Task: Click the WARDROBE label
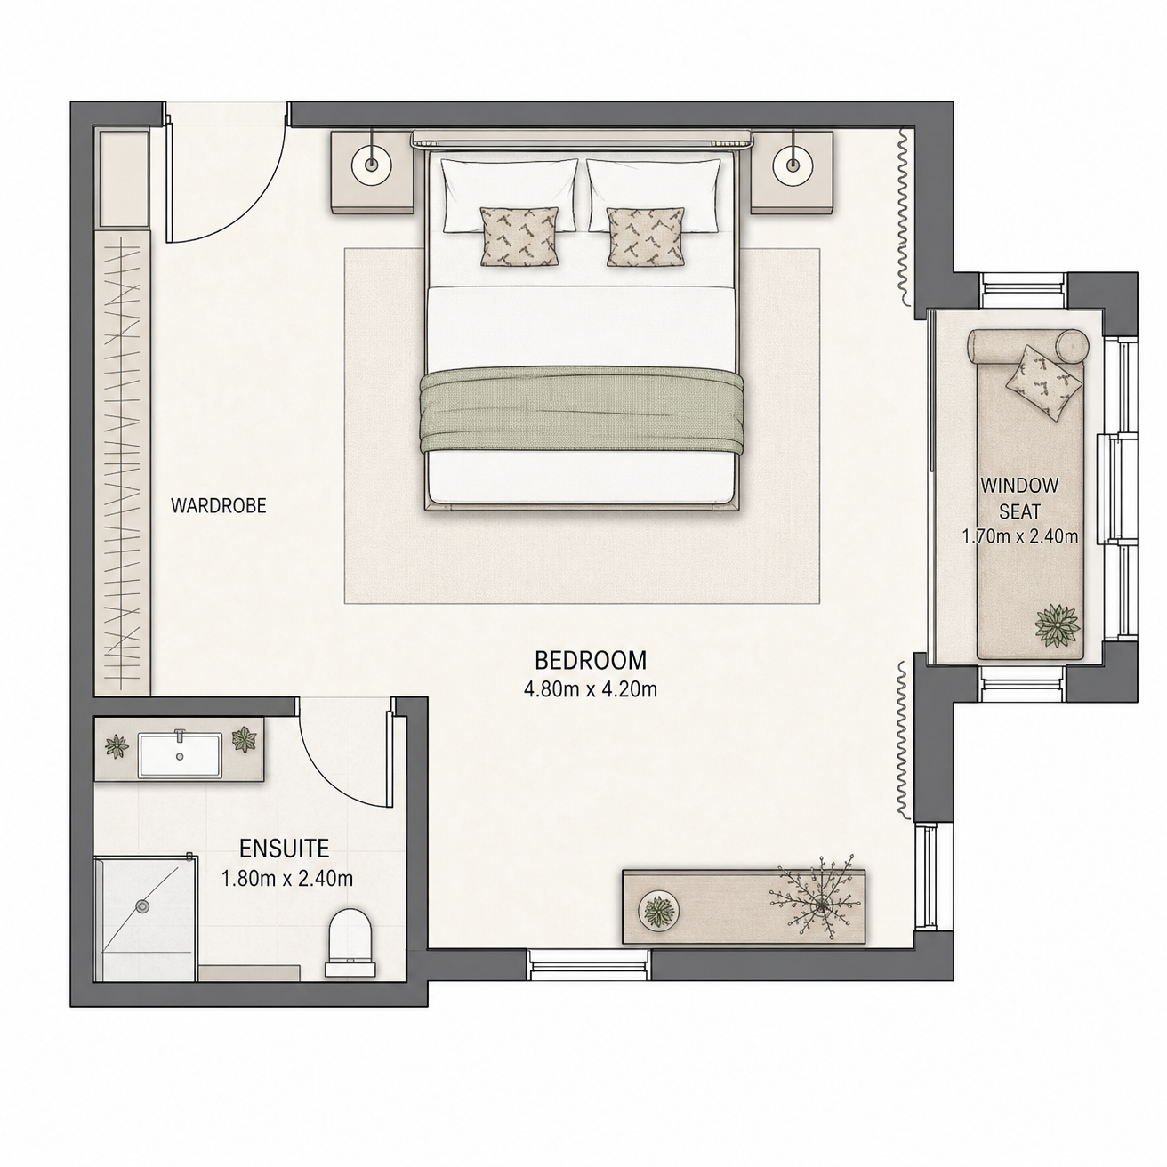[219, 506]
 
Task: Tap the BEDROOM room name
[591, 660]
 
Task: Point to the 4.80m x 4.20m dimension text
[591, 689]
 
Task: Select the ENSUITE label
[284, 849]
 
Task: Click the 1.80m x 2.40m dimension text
[287, 878]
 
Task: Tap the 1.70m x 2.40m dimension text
[1020, 536]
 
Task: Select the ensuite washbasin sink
[180, 755]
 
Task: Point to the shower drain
[143, 906]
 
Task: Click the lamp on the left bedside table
[371, 165]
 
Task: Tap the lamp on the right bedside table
[793, 165]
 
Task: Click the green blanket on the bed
[582, 410]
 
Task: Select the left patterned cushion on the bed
[519, 237]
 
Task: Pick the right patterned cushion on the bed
[646, 237]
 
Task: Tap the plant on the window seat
[1058, 624]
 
